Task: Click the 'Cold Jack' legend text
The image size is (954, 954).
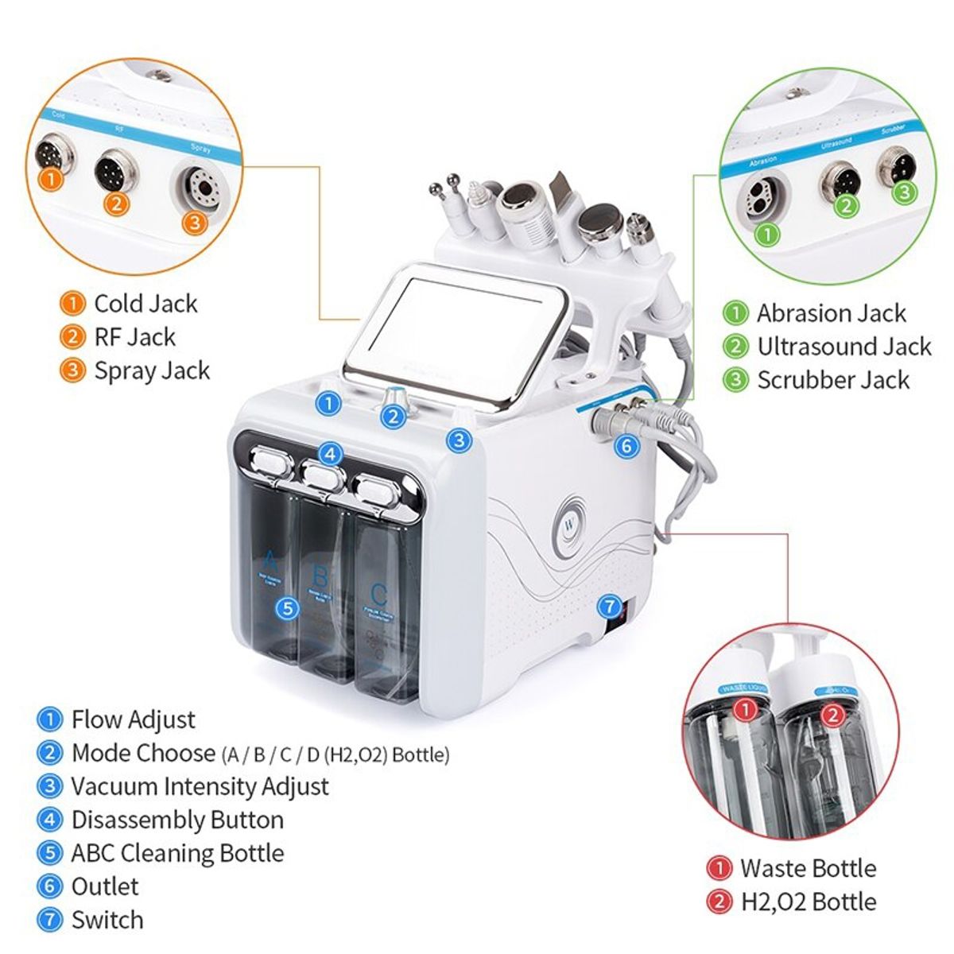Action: [x=145, y=304]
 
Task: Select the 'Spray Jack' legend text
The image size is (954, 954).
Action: [x=152, y=370]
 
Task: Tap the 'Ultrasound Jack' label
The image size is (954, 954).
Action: [x=843, y=347]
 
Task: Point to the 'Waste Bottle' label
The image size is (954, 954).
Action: [x=808, y=868]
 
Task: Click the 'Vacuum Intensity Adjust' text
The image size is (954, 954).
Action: [x=200, y=786]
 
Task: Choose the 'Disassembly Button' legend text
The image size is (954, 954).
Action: [x=177, y=820]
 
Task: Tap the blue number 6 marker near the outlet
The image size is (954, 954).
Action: [x=627, y=446]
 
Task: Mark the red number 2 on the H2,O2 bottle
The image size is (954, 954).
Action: [x=832, y=715]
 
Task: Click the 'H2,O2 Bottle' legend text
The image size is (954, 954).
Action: [x=808, y=902]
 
